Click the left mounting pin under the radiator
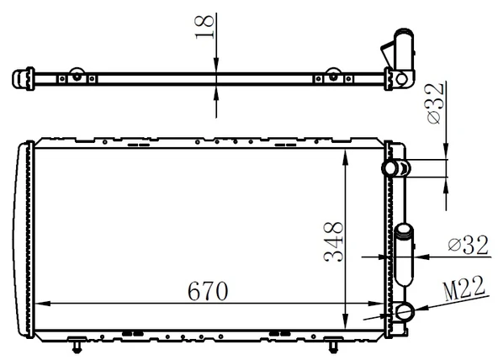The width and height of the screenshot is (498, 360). [x=77, y=345]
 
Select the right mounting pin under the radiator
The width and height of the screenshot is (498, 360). [x=334, y=345]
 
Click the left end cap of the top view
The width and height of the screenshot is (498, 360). [x=19, y=79]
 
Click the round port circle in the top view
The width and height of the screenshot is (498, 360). [x=402, y=80]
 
